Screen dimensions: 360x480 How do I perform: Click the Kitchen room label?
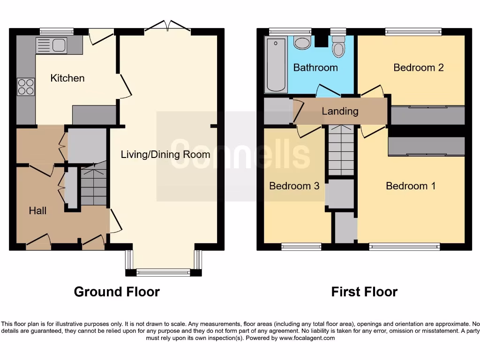tap(67, 78)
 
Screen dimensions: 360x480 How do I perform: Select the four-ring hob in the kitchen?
tap(26, 86)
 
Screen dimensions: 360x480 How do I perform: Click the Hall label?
tap(37, 210)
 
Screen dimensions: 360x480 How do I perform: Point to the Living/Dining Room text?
tap(165, 154)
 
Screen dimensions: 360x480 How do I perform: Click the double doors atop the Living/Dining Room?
tap(167, 27)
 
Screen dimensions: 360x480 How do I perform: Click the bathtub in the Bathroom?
tap(276, 66)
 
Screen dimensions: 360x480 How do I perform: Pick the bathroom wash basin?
tap(302, 43)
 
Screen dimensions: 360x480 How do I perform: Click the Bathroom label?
tap(315, 67)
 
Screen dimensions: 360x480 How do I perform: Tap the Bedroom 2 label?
tap(418, 67)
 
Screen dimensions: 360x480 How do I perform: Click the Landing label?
tap(340, 111)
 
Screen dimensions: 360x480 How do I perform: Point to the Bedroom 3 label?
tap(294, 186)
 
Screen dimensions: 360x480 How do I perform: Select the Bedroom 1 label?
tap(411, 186)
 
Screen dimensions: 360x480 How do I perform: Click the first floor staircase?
tap(341, 150)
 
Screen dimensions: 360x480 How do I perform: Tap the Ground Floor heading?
tap(117, 292)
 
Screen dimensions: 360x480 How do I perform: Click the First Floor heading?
tap(364, 292)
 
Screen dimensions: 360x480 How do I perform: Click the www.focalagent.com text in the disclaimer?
tap(307, 338)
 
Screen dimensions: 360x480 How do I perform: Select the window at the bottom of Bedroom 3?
tap(301, 247)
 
